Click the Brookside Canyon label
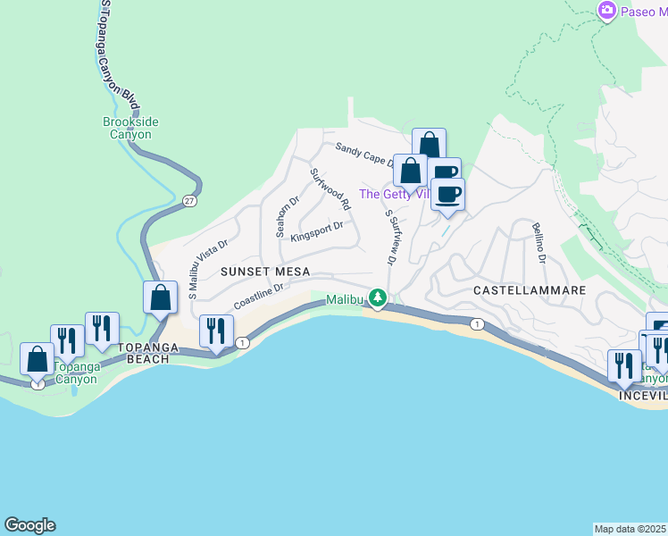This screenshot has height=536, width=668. pos(127,128)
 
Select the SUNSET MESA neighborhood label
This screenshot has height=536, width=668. pos(259,271)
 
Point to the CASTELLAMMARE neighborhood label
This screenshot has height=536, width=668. pos(529,290)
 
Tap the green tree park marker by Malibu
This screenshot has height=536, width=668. pos(379,297)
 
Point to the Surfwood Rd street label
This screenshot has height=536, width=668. pos(330,189)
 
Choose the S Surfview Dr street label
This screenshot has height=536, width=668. pos(389,237)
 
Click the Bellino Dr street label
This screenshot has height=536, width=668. pos(538,243)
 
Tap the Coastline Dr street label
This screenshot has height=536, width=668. pos(259,297)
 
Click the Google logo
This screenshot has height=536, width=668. pos(29,525)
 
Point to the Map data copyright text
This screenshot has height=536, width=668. pos(630,528)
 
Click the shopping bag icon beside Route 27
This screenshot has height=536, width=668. pos(161,297)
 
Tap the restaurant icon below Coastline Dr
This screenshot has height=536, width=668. pos(215,332)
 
